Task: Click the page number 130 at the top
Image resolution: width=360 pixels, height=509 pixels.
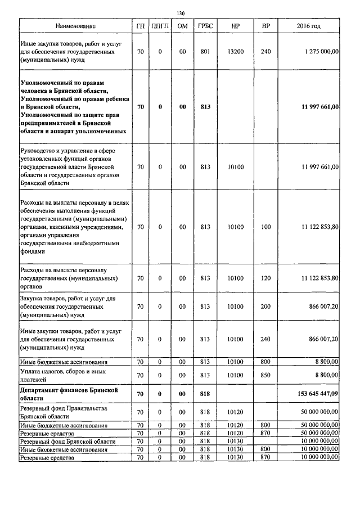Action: coord(180,13)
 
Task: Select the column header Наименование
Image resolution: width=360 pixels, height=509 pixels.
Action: coord(75,26)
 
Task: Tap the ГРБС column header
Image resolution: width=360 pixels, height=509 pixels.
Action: coord(205,26)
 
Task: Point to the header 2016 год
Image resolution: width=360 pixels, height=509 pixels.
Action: coord(308,26)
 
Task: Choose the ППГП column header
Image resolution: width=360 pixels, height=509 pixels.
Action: coord(160,26)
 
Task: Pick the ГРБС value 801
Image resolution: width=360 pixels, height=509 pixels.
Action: coord(205,51)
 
